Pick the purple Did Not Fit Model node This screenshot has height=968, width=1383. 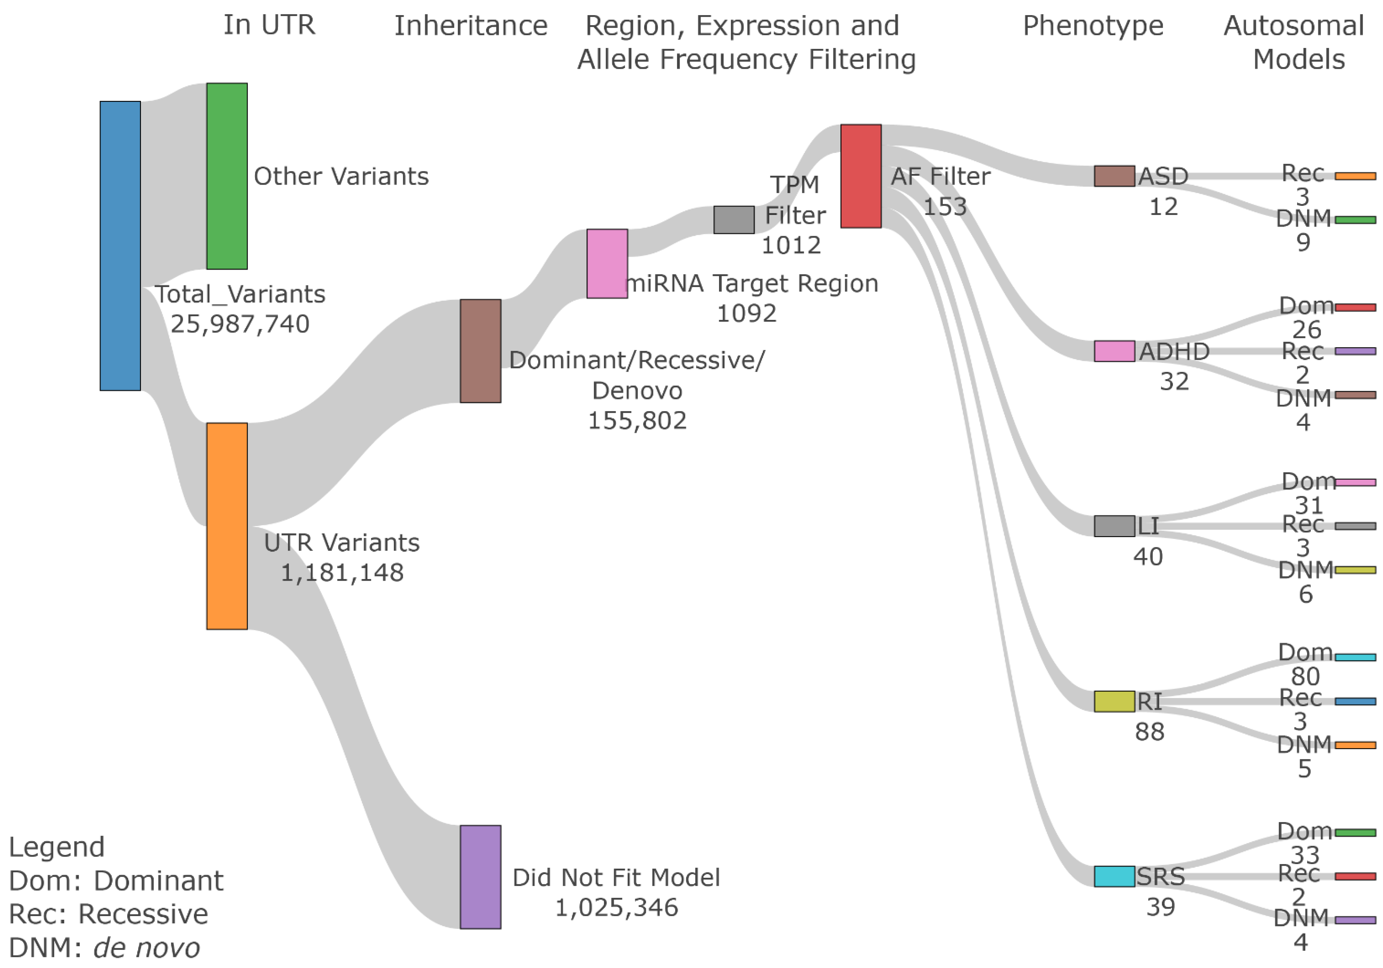coord(480,876)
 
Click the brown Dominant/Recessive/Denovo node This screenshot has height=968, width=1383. coord(480,350)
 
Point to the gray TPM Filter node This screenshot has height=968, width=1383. coord(734,219)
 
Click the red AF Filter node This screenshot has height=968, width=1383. coord(860,176)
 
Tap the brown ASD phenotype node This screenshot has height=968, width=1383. coord(1114,176)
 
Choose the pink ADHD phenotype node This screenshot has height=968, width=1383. coord(1114,350)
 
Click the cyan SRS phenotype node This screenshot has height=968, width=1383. coord(1114,876)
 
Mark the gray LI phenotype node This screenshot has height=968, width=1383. coord(1114,525)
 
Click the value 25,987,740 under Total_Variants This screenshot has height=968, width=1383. coord(240,324)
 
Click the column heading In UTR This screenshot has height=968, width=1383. coord(269,25)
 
